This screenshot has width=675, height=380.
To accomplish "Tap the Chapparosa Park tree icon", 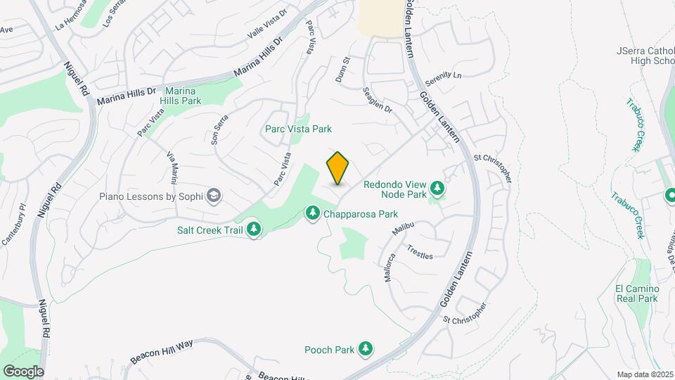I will pos(313,213).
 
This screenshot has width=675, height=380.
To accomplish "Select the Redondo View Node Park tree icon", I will pos(437,188).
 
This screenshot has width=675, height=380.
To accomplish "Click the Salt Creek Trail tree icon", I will pos(254,229).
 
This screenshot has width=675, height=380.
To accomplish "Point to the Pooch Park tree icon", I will pos(365,348).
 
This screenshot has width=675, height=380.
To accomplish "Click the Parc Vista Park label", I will pos(298,129).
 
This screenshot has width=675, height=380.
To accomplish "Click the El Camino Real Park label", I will pos(636,293).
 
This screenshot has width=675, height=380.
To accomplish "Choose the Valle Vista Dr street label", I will pos(268,24).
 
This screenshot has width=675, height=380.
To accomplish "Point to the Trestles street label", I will pos(420,251).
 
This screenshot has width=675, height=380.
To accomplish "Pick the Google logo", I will pos(23,372).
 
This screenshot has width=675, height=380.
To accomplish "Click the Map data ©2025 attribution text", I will pos(643,374).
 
